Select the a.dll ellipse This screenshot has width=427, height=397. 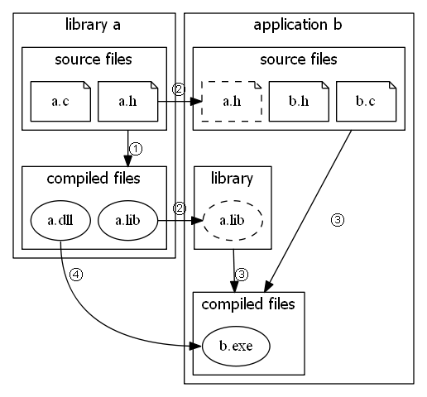point(60,221)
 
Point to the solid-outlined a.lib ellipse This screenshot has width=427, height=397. point(127,221)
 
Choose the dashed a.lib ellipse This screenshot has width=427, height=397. point(232,221)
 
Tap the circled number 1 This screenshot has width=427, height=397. point(137,148)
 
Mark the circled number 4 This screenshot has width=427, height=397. point(76,276)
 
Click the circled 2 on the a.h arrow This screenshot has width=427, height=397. point(177,88)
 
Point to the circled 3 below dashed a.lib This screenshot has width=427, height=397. point(242,273)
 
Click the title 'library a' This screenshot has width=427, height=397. point(93,25)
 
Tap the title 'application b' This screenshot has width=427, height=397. point(297,25)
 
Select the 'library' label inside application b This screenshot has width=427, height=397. point(232,178)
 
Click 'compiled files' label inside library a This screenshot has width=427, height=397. point(93,178)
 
